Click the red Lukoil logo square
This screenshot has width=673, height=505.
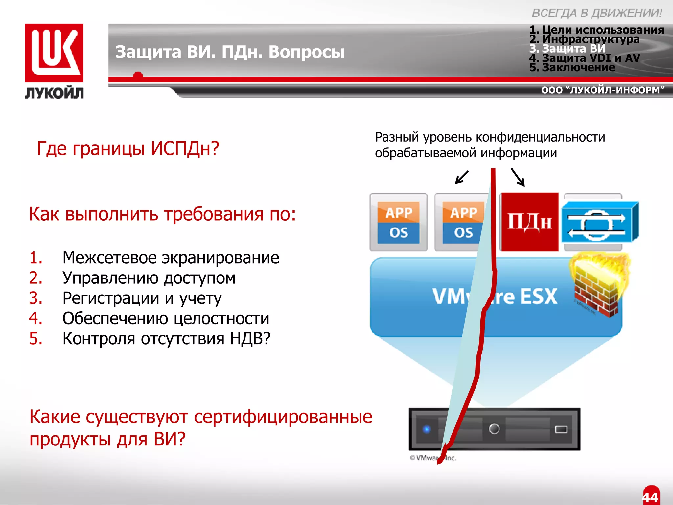tap(54, 53)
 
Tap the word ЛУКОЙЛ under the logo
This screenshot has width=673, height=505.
tap(54, 93)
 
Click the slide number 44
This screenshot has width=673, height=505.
tap(650, 497)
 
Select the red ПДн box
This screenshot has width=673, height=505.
tap(529, 222)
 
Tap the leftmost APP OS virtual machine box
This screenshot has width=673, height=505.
tap(399, 222)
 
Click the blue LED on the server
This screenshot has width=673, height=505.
tap(427, 429)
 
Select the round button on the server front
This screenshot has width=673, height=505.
tap(494, 429)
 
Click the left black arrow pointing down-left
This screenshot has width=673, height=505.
tap(461, 177)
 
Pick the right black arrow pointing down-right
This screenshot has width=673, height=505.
tap(518, 177)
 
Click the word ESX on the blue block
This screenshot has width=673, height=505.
tap(539, 296)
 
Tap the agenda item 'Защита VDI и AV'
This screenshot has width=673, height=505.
tap(585, 58)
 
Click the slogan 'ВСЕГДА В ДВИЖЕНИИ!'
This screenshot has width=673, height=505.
tap(597, 13)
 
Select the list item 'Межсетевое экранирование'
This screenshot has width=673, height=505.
tap(171, 257)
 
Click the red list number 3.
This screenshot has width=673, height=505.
tap(35, 298)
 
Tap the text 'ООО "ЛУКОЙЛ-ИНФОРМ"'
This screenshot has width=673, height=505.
tap(603, 90)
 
